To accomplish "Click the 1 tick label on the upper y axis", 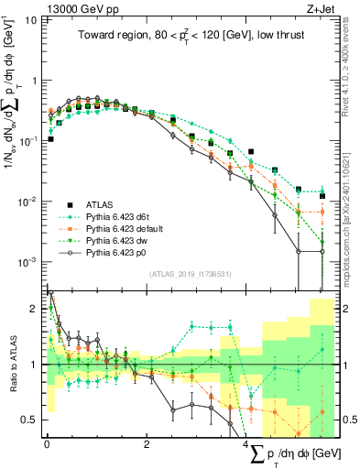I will tap(35, 81).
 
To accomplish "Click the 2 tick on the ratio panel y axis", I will tap(35, 310).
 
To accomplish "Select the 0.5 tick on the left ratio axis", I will tap(31, 420).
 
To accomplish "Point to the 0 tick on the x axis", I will tap(47, 445).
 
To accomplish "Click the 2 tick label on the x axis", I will tap(147, 445).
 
